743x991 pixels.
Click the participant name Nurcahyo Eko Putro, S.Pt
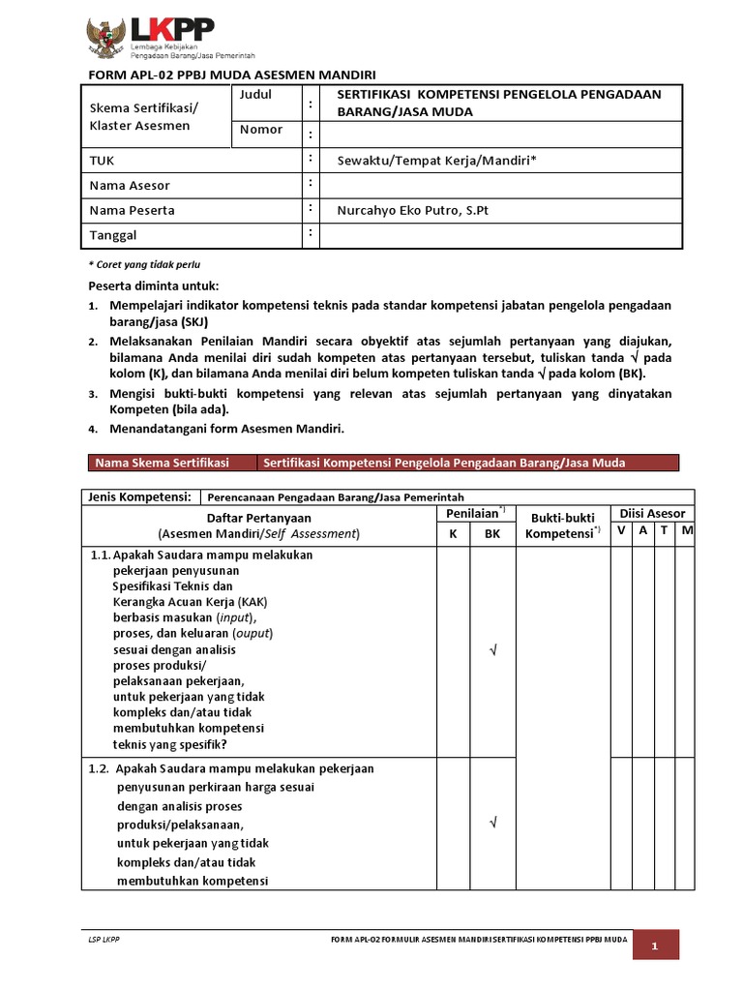coord(413,210)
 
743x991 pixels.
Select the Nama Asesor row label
coord(130,185)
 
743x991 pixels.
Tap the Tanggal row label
coord(112,235)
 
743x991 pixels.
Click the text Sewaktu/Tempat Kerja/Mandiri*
coord(435,160)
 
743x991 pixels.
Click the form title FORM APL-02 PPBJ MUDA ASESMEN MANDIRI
coord(231,75)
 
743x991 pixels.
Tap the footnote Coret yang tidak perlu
coord(144,264)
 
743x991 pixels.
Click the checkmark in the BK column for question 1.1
coord(492,650)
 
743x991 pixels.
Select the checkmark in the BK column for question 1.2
coord(492,824)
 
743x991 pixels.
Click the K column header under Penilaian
coord(452,533)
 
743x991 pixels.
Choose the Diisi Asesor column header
coord(652,514)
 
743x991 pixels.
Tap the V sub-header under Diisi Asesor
coord(621,530)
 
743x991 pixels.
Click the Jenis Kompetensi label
coord(139,496)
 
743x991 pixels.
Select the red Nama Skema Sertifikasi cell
coord(168,463)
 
